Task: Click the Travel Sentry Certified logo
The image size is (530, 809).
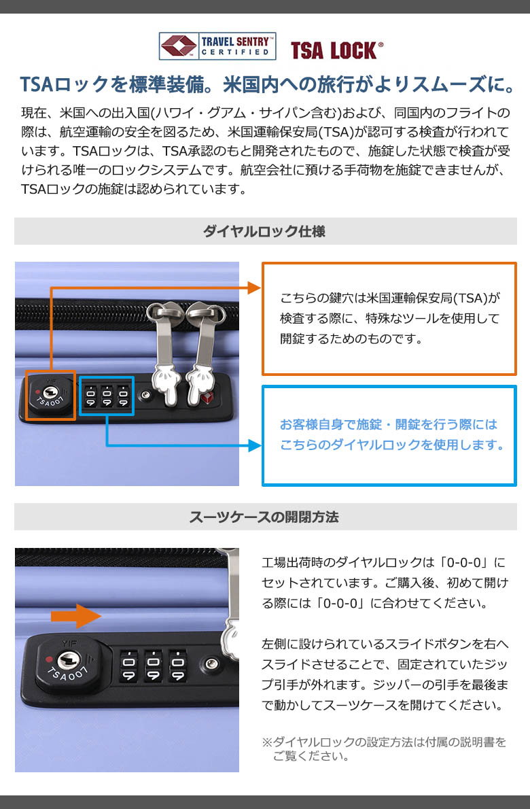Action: click(217, 46)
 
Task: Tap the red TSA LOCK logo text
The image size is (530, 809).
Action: click(337, 50)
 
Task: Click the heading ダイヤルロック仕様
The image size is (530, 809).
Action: click(264, 231)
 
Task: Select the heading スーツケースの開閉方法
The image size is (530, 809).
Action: click(264, 517)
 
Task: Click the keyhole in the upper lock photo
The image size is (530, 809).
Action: click(50, 392)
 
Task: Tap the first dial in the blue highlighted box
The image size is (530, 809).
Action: click(91, 396)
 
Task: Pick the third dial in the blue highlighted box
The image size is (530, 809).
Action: click(123, 396)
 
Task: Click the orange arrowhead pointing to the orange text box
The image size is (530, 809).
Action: click(255, 288)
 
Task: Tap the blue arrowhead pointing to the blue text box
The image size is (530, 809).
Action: click(255, 445)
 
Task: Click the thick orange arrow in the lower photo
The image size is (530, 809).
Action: click(76, 616)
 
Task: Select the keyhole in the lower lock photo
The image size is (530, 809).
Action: click(67, 661)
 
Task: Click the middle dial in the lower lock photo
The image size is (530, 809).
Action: click(153, 666)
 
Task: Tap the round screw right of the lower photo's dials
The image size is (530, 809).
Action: click(212, 663)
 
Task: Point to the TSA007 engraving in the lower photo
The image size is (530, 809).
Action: click(67, 673)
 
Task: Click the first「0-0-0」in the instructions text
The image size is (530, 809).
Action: click(463, 562)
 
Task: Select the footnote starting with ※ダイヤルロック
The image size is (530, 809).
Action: click(384, 749)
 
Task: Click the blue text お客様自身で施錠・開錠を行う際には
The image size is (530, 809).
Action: click(389, 424)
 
